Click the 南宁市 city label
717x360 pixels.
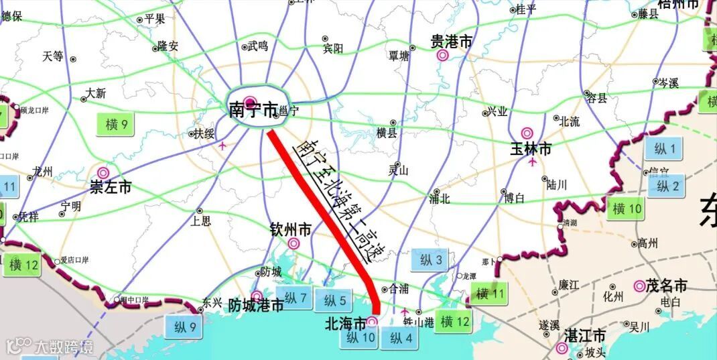point(253,111)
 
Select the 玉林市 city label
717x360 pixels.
point(531,149)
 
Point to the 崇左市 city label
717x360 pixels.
point(111,187)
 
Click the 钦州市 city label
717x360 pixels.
point(291,230)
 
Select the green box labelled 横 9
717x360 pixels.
point(116,125)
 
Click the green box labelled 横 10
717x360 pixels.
point(627,208)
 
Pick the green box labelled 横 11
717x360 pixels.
point(490,293)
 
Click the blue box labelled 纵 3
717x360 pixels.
point(431,260)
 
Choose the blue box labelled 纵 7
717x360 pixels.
point(296,297)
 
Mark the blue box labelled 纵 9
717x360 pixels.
point(185,327)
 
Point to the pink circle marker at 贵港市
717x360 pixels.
point(442,56)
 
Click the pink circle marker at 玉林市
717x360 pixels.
point(527,133)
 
